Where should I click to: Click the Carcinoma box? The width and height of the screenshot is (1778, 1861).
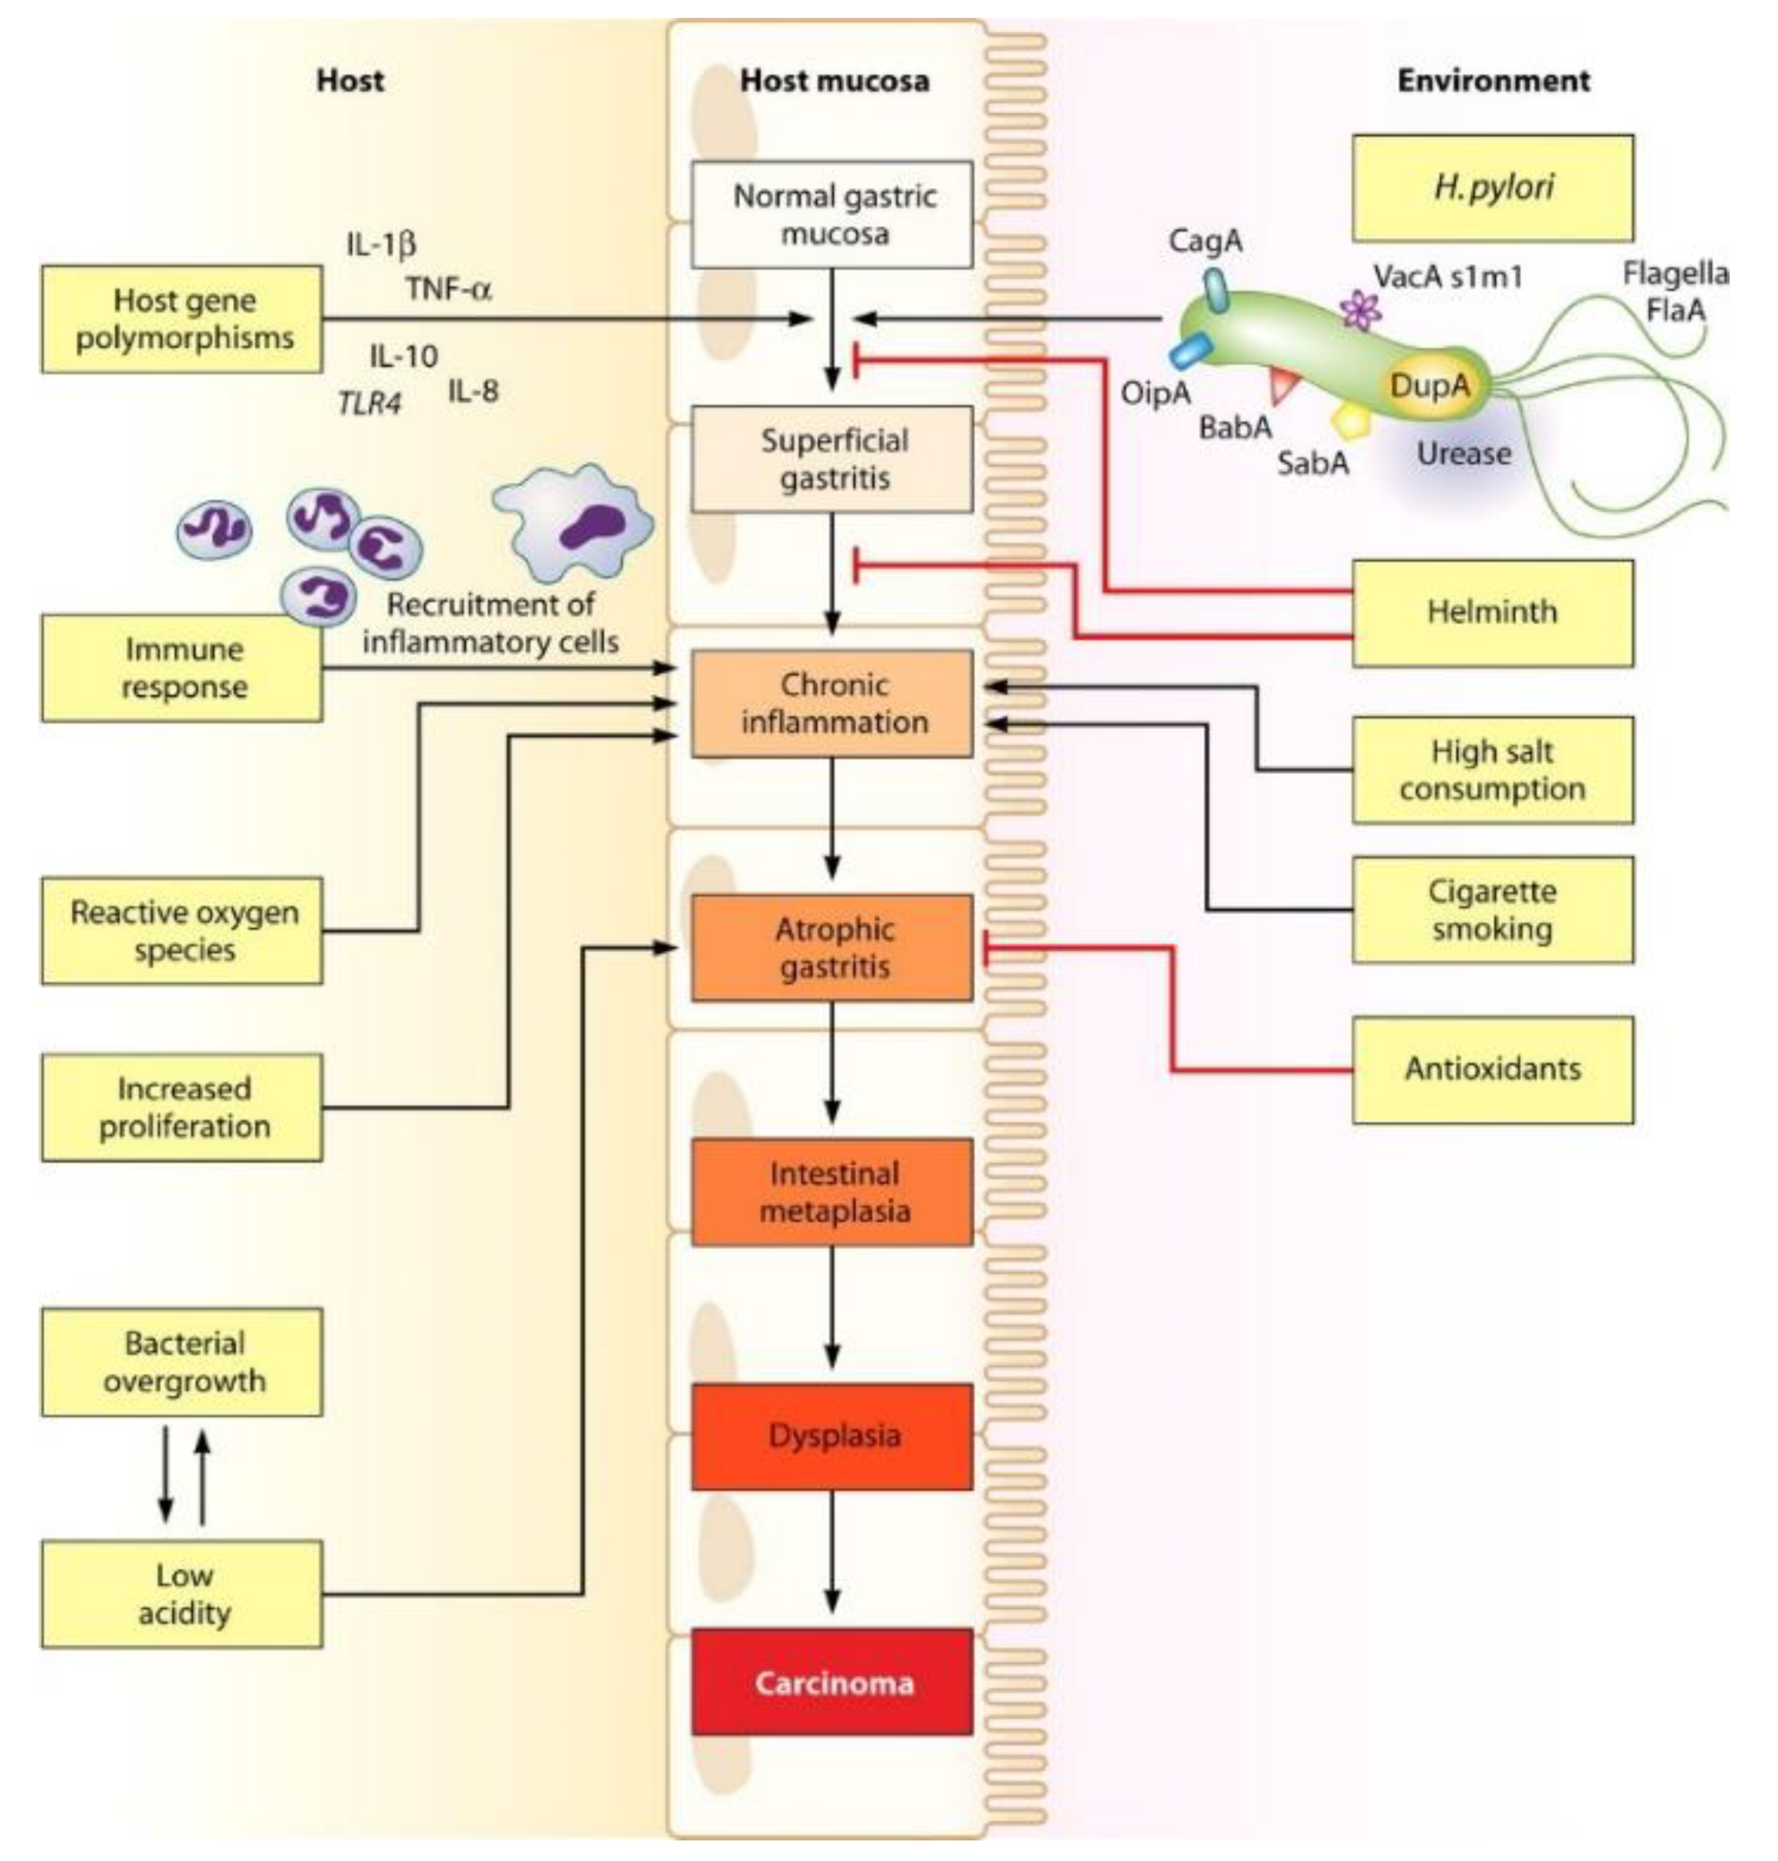click(x=831, y=1683)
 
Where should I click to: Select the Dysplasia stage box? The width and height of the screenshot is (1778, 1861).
click(x=831, y=1437)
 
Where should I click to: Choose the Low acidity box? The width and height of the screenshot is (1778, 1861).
click(x=182, y=1594)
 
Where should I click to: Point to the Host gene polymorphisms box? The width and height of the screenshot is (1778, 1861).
click(x=182, y=319)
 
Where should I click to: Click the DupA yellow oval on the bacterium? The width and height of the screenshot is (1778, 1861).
click(x=1430, y=386)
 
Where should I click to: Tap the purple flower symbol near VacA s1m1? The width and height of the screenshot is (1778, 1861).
click(x=1361, y=309)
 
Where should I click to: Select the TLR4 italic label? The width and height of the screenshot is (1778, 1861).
click(x=369, y=405)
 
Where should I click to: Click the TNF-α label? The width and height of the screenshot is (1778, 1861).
click(x=448, y=288)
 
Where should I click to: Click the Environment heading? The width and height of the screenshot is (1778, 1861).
click(x=1493, y=81)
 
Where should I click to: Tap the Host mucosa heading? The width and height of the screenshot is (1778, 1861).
click(x=833, y=81)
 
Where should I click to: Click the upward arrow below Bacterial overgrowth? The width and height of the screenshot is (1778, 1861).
click(x=202, y=1476)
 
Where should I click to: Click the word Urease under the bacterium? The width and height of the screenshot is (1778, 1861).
click(x=1463, y=454)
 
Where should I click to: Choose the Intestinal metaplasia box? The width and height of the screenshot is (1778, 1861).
click(x=831, y=1192)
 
